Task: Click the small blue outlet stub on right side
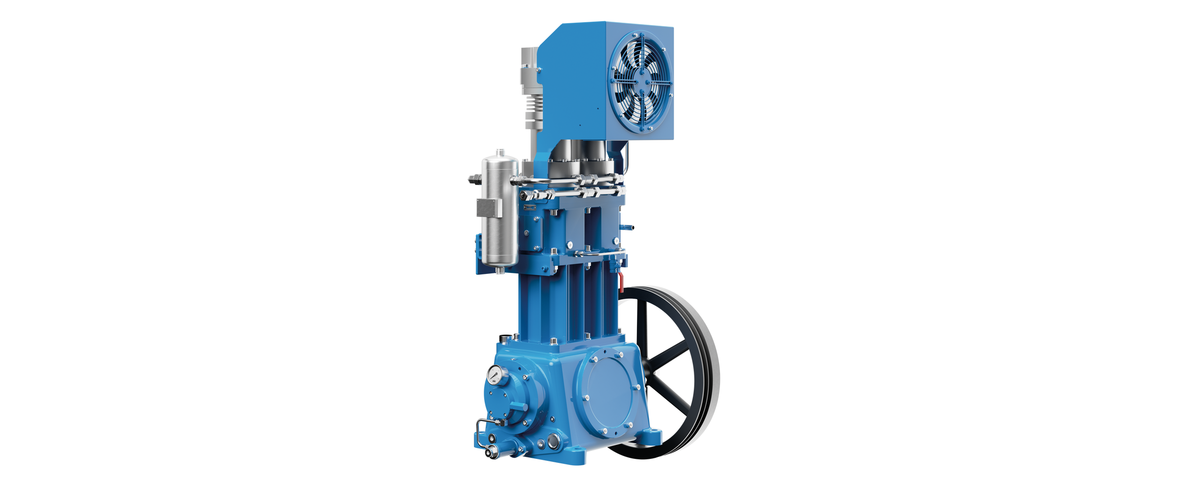[628, 227]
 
